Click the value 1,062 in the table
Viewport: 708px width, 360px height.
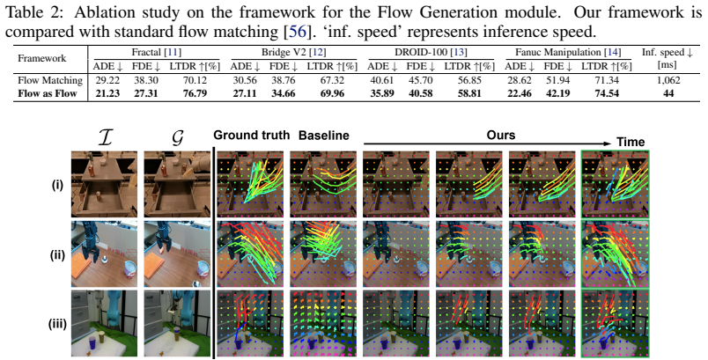(x=667, y=80)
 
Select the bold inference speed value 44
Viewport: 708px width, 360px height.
(x=668, y=93)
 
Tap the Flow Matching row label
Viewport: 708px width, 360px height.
(x=50, y=80)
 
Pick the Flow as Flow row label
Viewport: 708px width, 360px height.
(x=47, y=93)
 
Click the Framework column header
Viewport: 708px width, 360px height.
(x=41, y=58)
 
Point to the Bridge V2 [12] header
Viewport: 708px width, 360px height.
(x=293, y=52)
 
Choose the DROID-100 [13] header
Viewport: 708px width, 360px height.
(x=431, y=52)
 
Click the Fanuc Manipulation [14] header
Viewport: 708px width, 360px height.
(x=568, y=52)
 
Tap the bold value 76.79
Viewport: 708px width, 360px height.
(x=194, y=93)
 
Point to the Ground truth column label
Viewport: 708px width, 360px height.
(x=252, y=136)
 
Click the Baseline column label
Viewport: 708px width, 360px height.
(x=324, y=136)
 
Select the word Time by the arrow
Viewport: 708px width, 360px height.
(x=631, y=142)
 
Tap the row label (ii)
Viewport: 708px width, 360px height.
(x=57, y=255)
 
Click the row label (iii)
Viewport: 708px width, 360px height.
(x=57, y=324)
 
